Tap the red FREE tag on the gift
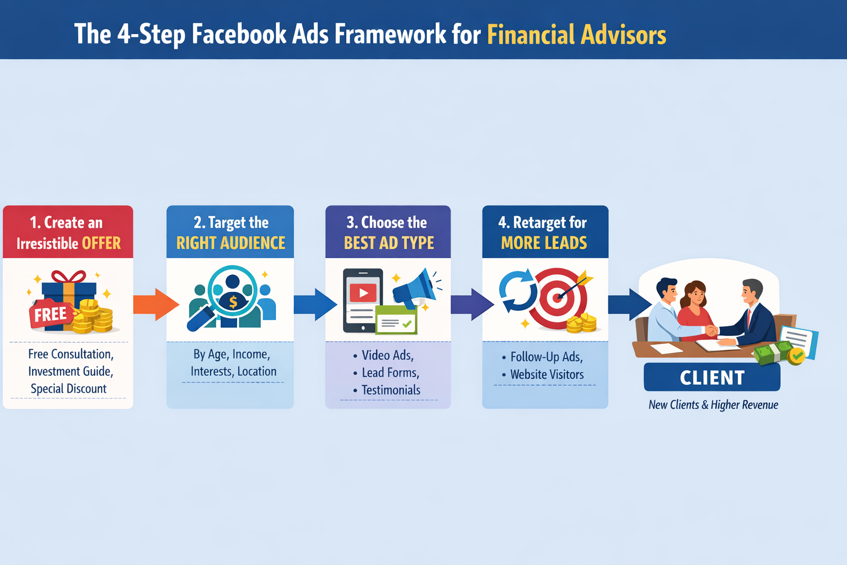coord(50,315)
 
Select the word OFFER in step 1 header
coord(101,243)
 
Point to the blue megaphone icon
coord(415,287)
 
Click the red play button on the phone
coord(363,292)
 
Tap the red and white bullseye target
coord(558,298)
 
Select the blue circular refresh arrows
coord(517,290)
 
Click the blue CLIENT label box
coord(712,377)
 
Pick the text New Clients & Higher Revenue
coord(713,405)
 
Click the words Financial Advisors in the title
coord(576,35)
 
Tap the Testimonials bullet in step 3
coord(390,391)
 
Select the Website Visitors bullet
coord(546,375)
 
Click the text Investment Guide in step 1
coord(71,371)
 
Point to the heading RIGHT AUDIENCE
coord(230,243)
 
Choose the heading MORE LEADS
coord(544,243)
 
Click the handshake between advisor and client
coord(712,330)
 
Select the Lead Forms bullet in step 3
coord(390,373)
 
